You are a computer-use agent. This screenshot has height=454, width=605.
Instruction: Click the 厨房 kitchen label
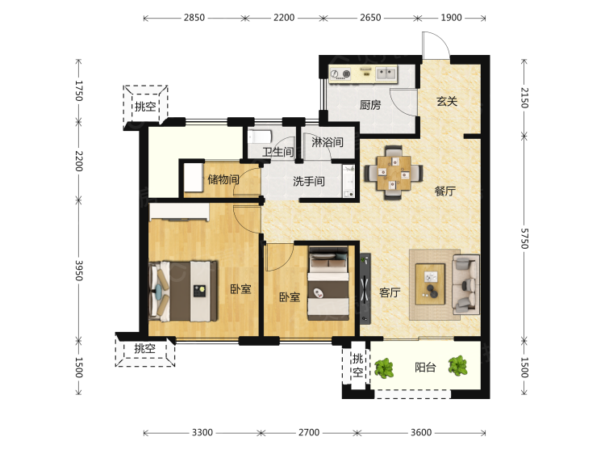click(370, 105)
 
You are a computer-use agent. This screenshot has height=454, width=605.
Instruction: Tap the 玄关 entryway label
click(447, 102)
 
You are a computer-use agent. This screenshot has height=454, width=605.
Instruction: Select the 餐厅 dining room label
click(444, 191)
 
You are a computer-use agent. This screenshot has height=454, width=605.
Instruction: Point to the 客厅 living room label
click(390, 292)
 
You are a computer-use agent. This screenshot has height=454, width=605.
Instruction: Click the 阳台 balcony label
click(425, 367)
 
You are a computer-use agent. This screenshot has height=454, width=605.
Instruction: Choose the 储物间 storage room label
click(223, 179)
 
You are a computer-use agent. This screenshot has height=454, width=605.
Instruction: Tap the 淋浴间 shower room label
click(328, 142)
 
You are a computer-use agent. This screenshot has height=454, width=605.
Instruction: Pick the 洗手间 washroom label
click(309, 181)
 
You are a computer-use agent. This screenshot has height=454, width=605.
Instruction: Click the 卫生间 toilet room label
click(277, 152)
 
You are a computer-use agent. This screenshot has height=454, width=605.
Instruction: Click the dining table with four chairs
click(394, 172)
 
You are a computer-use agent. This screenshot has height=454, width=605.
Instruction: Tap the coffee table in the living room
click(430, 284)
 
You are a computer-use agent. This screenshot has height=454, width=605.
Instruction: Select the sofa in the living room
click(465, 284)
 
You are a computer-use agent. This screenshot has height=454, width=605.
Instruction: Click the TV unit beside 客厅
click(365, 288)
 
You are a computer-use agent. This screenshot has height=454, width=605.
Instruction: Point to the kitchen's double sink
click(386, 73)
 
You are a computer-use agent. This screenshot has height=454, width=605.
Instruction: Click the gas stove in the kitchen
click(340, 74)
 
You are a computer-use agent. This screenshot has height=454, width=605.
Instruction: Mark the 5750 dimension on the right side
click(524, 238)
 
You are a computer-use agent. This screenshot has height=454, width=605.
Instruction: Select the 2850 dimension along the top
click(194, 18)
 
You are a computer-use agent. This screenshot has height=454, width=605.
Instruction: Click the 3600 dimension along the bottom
click(421, 432)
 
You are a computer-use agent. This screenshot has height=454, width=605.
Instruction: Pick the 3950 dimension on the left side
click(79, 271)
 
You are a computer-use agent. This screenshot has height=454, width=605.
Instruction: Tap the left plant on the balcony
click(384, 368)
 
